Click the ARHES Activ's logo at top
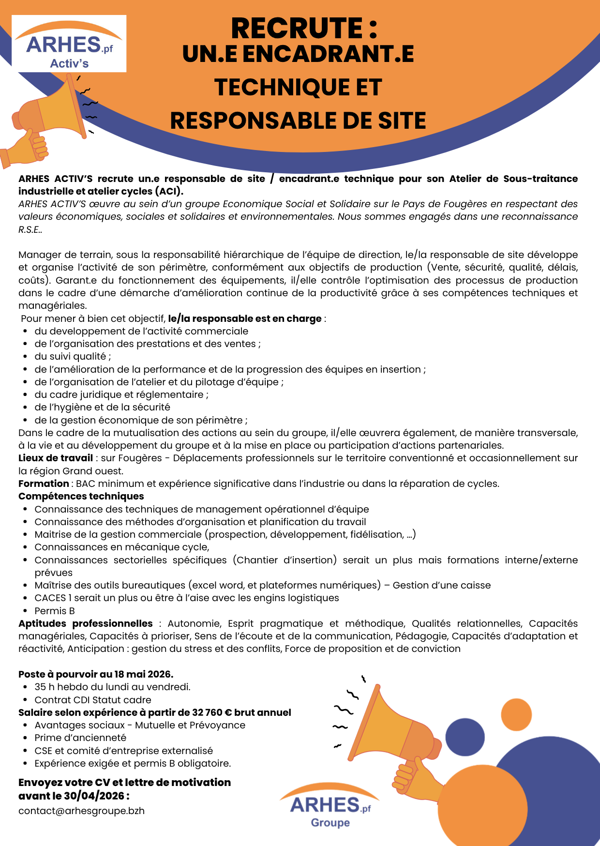(69, 44)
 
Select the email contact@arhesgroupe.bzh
(81, 811)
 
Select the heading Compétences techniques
(81, 496)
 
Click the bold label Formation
(44, 483)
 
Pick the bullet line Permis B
(55, 611)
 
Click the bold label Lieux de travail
(56, 458)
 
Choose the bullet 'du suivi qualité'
(73, 356)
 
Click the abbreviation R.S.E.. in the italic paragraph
(30, 229)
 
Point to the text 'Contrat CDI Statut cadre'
(93, 700)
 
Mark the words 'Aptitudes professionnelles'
(86, 623)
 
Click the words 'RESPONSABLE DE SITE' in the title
(298, 121)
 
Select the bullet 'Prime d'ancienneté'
(80, 738)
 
